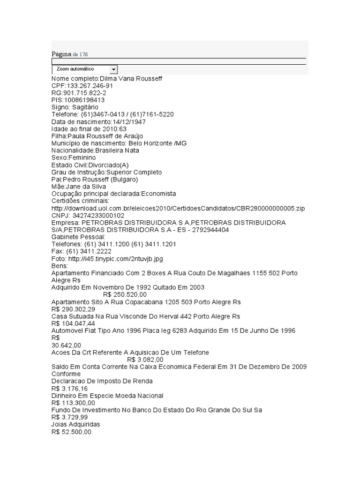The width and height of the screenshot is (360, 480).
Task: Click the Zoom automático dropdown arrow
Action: point(113,69)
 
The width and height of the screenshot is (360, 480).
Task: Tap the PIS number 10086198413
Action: point(84,100)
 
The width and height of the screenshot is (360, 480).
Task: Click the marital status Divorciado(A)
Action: point(108,165)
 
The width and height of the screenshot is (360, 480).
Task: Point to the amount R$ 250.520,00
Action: point(125,294)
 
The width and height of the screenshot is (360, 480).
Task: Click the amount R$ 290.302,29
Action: point(73,309)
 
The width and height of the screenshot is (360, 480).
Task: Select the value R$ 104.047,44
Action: point(73,323)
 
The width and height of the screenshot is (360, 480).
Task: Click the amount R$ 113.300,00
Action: point(73,403)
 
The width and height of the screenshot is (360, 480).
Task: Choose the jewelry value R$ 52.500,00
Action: point(71,432)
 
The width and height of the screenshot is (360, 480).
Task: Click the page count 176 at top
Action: point(83,54)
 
